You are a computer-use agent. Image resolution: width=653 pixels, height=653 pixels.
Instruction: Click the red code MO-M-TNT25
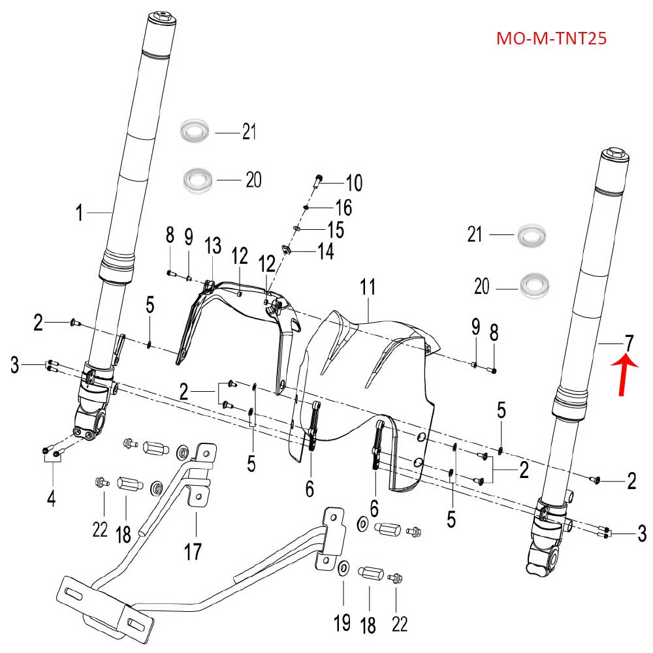[x=552, y=39]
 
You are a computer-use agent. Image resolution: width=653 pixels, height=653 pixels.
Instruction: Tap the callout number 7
[x=628, y=342]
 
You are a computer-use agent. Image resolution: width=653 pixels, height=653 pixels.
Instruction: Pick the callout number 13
[x=213, y=246]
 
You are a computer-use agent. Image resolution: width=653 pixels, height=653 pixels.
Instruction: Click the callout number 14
[x=325, y=251]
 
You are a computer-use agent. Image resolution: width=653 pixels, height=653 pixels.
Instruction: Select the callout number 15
[x=335, y=229]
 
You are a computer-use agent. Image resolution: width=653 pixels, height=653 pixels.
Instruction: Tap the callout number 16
[x=343, y=208]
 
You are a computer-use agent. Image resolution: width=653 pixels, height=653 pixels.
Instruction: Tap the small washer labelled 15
[x=297, y=229]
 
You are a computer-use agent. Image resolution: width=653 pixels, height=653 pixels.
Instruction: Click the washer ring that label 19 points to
[x=343, y=567]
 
